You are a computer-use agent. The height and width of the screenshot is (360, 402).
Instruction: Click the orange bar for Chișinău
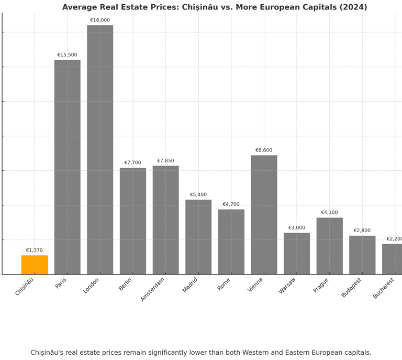(x=35, y=265)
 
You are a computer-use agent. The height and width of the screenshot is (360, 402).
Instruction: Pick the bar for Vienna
(x=264, y=214)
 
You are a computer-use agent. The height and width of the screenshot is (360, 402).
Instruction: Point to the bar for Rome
(x=231, y=242)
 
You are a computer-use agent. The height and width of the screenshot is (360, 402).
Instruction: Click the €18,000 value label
(x=100, y=20)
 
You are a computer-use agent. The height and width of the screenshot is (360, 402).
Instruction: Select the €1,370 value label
(x=35, y=250)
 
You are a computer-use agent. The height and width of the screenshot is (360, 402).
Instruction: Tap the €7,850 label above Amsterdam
(x=165, y=161)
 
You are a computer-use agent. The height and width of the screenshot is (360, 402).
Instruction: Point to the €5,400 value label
(x=198, y=195)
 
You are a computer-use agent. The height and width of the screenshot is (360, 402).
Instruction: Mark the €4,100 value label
(x=329, y=213)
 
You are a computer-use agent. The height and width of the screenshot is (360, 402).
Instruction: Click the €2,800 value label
(x=362, y=231)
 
